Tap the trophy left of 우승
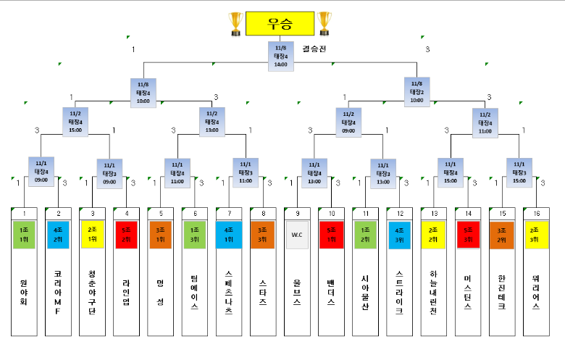235,23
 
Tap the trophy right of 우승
324,23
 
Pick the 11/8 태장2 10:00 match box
417,91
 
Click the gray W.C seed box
297,235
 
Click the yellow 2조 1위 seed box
93,235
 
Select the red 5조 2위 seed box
127,235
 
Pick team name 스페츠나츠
229,293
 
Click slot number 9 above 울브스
297,213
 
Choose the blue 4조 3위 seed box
399,235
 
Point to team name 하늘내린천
433,293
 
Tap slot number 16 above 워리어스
535,213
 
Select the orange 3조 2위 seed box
501,235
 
